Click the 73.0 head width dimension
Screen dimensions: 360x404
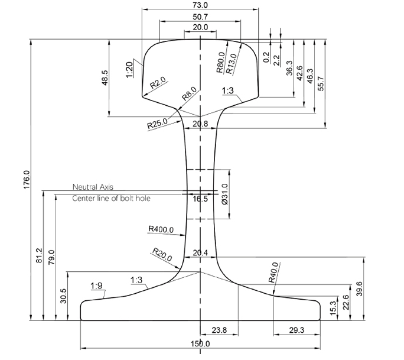tap(201, 5)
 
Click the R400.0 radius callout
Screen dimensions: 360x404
tap(161, 229)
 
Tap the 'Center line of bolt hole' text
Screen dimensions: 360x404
tap(111, 199)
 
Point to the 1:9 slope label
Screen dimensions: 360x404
tap(97, 286)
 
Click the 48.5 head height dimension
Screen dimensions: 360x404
tap(105, 78)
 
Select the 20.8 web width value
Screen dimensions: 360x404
tap(201, 124)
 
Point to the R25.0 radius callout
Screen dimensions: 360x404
tap(158, 125)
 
